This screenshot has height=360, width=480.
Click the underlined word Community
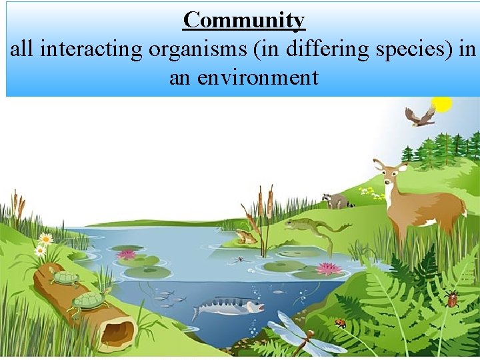pyautogui.click(x=244, y=20)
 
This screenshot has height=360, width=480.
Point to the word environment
pyautogui.click(x=243, y=78)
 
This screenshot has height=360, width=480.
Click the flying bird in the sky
pyautogui.click(x=420, y=117)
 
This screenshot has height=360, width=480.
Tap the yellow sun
pyautogui.click(x=441, y=103)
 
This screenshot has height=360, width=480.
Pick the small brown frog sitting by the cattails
pyautogui.click(x=247, y=236)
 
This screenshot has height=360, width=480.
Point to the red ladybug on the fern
pyautogui.click(x=341, y=323)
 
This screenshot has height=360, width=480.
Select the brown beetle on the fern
pyautogui.click(x=453, y=298)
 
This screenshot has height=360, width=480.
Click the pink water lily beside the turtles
pyautogui.click(x=127, y=254)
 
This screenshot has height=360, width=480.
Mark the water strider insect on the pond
pyautogui.click(x=239, y=259)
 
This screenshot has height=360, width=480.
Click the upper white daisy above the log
pyautogui.click(x=45, y=237)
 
